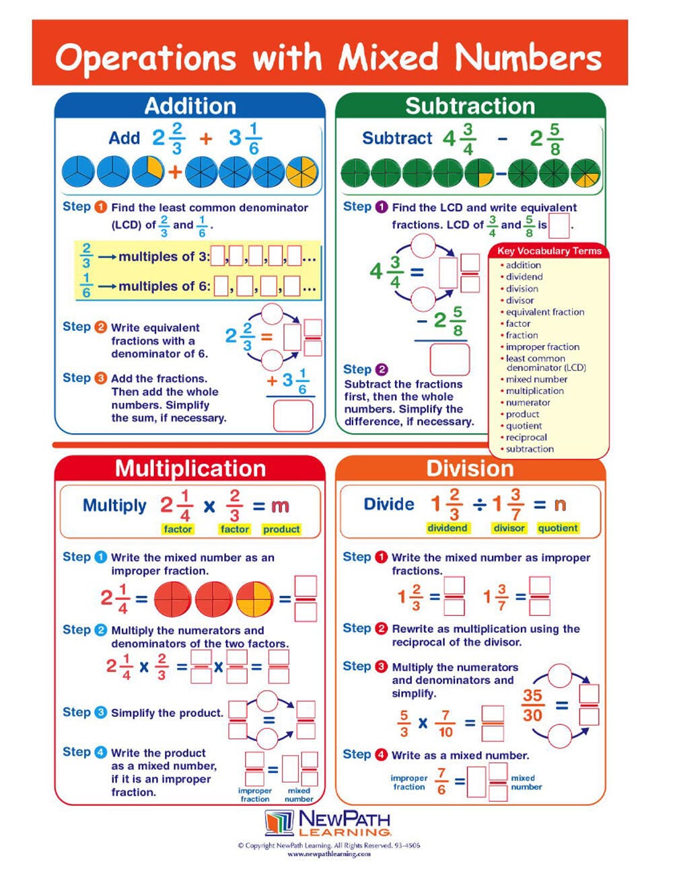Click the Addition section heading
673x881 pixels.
coord(190,106)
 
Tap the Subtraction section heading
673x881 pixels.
coord(470,106)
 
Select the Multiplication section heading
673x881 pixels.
coord(190,469)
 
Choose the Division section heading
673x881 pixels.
coord(470,469)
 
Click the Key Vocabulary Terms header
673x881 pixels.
coord(549,251)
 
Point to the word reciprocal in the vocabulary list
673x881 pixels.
coord(526,437)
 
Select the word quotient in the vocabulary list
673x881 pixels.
coord(524,426)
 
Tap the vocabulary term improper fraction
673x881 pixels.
coord(542,347)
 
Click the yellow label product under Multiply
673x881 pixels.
coord(281,529)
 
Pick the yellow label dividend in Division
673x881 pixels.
coord(447,528)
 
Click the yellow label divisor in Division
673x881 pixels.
coord(509,528)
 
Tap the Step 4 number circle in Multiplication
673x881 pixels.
coord(101,752)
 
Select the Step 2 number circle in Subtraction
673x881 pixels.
coord(382,369)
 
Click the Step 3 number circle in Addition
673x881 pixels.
coord(101,378)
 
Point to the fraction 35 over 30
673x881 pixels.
coord(532,705)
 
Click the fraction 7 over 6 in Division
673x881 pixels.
coord(441,781)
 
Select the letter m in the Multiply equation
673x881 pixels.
coord(280,506)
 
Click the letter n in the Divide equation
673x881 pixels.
coord(559,504)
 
